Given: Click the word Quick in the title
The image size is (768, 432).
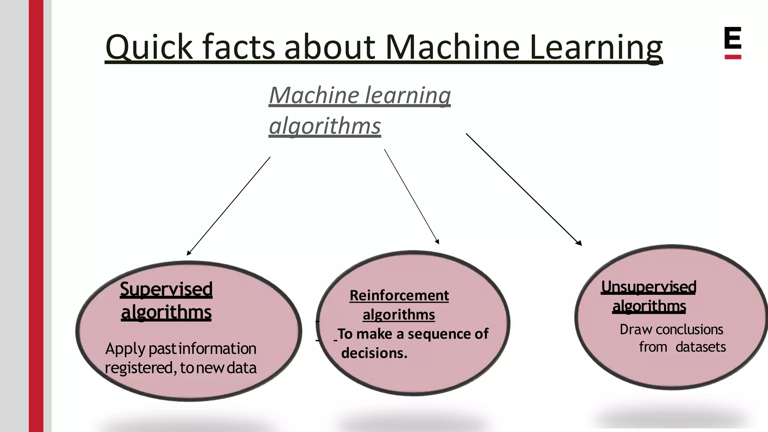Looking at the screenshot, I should (x=149, y=47).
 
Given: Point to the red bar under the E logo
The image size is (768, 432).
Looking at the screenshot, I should (x=732, y=57).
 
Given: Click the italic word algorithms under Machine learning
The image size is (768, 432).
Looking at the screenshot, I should (x=325, y=126).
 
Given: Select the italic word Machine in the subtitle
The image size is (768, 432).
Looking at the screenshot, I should (x=314, y=95).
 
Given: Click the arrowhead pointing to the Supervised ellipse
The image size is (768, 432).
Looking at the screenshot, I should (x=189, y=253).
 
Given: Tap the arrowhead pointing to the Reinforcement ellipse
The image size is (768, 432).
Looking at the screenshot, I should (x=438, y=242).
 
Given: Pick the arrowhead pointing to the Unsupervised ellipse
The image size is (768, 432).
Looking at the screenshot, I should (x=579, y=243).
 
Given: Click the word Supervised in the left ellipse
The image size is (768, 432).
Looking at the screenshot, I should (x=166, y=289).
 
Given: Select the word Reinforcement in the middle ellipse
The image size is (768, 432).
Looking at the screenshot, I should (x=399, y=295).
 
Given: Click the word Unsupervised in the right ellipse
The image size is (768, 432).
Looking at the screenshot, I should (x=649, y=287).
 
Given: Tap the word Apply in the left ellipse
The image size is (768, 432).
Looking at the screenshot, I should (x=125, y=349).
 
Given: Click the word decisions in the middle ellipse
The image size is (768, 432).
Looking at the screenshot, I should (x=374, y=353).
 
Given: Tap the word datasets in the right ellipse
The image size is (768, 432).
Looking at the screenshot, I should (x=700, y=347).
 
